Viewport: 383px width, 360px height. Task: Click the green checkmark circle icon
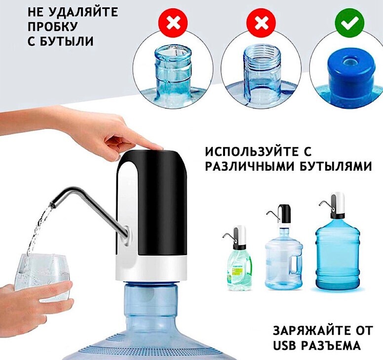point(349,23)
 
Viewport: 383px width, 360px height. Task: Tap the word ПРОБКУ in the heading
point(52,27)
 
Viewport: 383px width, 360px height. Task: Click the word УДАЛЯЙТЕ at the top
point(83,12)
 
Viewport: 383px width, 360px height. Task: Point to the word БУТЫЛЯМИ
point(335,167)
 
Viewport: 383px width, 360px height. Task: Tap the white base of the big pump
point(152,270)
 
